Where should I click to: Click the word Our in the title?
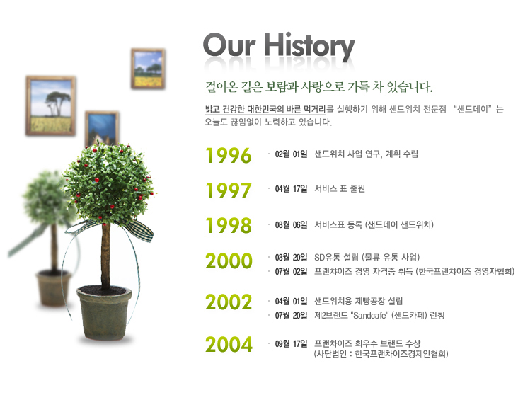coord(229,45)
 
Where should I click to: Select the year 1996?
coord(229,155)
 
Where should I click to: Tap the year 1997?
coord(229,190)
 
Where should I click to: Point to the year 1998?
coord(229,225)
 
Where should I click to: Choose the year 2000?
coord(229,261)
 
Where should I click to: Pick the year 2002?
coord(229,302)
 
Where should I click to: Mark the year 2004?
coord(229,344)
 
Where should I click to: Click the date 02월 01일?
coord(291,154)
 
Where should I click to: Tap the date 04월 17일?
coord(291,188)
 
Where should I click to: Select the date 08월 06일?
coord(291,225)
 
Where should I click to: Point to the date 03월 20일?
coord(291,258)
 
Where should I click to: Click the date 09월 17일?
coord(291,344)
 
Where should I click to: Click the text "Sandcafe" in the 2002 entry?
coord(369,316)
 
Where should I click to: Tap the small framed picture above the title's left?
coord(148,69)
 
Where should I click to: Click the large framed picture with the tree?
coord(51,105)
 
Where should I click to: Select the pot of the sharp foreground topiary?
coord(104,313)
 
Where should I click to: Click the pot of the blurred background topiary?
coord(53,288)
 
